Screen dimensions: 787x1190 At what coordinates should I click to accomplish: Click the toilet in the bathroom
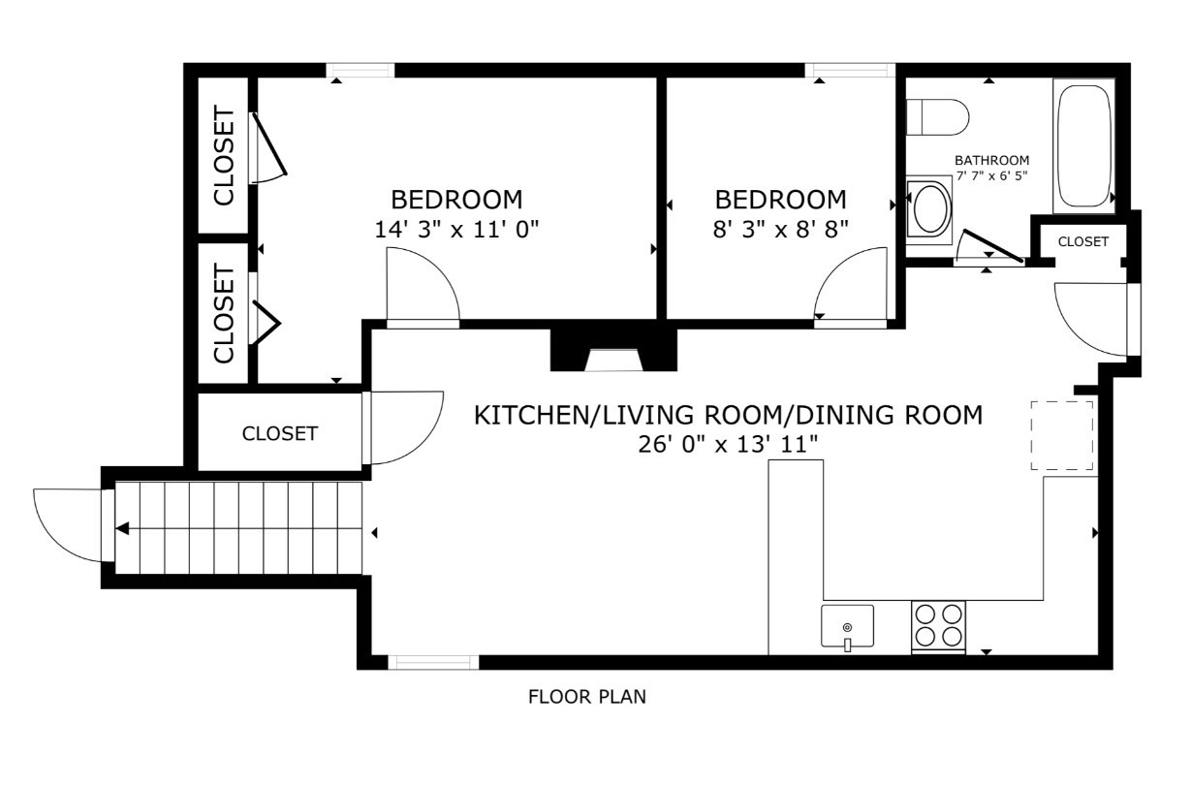(x=937, y=117)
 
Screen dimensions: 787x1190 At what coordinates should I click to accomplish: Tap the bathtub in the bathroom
(x=1084, y=146)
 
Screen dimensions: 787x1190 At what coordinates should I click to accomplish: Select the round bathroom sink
(x=930, y=208)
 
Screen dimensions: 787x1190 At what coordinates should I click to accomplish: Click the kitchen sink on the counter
(x=847, y=626)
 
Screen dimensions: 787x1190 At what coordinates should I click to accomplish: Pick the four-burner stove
(x=938, y=626)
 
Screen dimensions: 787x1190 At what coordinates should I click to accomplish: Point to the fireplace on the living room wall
(x=610, y=351)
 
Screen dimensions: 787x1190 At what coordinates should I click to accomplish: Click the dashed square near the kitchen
(x=1062, y=435)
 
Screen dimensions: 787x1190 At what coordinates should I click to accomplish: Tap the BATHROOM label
(x=991, y=160)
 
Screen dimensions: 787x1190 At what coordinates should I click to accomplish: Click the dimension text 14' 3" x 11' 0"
(x=455, y=230)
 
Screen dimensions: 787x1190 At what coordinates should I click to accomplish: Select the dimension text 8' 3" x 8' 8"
(x=780, y=230)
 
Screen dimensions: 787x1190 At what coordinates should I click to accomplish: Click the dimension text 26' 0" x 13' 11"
(x=727, y=444)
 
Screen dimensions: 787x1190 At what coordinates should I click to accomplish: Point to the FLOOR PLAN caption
(x=586, y=696)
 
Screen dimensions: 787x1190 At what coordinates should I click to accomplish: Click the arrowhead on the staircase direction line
(x=123, y=528)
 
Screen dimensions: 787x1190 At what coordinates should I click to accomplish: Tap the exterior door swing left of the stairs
(x=68, y=524)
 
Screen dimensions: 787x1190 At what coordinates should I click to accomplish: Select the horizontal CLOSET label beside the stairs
(x=279, y=433)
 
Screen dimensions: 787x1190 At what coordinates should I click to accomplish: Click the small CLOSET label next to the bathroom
(x=1082, y=241)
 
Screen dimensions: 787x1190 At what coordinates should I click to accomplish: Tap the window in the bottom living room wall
(x=433, y=663)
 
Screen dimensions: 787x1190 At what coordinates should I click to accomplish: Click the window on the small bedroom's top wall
(x=850, y=70)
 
